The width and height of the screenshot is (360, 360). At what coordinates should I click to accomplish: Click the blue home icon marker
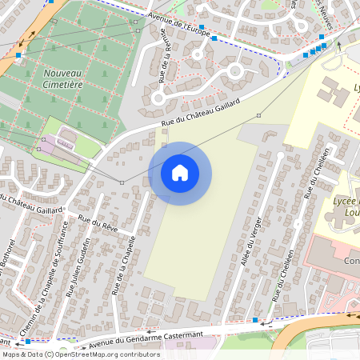coord(180,173)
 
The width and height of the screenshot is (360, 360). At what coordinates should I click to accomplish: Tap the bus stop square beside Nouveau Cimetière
coord(18,55)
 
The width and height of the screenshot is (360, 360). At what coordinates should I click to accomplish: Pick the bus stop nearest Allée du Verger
coord(255,320)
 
